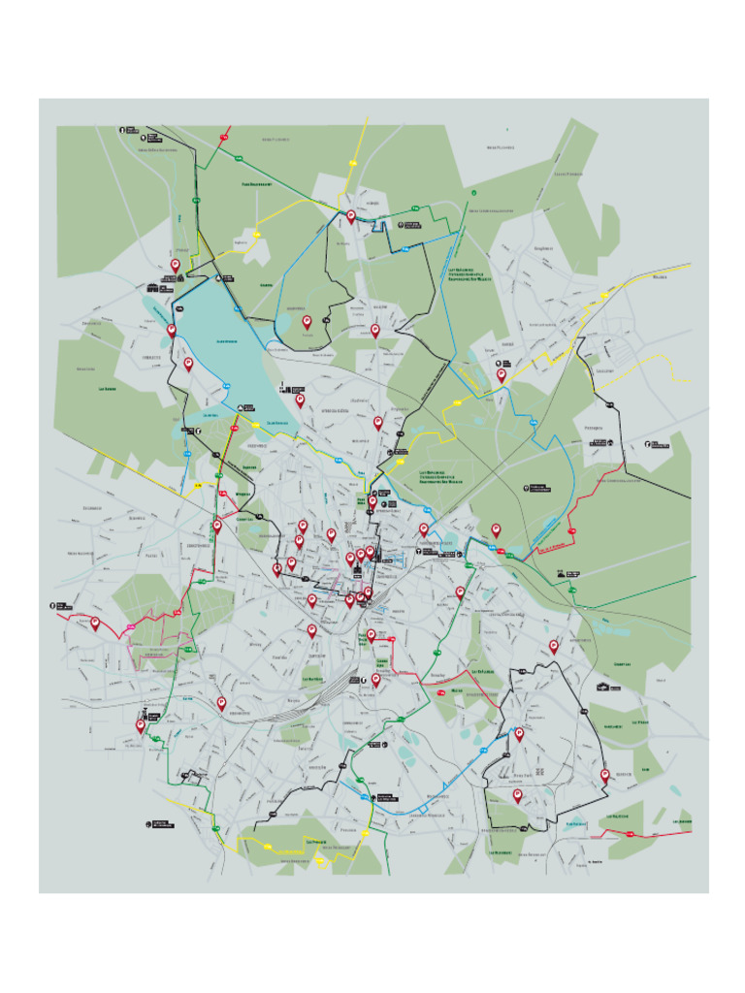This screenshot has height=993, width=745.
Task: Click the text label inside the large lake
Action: tap(227, 341)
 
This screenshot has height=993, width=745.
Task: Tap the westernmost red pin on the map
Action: tap(95, 623)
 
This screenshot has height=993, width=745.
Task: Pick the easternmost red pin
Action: tap(605, 775)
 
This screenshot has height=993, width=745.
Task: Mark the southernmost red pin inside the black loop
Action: tap(517, 795)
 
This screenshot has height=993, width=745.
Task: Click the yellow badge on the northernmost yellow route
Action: tap(257, 233)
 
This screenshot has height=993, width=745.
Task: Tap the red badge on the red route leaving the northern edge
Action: tap(222, 140)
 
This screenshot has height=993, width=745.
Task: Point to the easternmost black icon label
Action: tap(659, 445)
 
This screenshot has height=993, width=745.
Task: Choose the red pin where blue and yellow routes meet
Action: tap(502, 374)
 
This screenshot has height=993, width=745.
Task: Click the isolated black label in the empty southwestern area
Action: tap(161, 824)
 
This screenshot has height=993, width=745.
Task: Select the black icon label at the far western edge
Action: tap(59, 606)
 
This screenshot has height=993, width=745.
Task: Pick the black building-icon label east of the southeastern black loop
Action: tap(608, 687)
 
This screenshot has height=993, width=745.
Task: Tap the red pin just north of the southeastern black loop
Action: tap(554, 645)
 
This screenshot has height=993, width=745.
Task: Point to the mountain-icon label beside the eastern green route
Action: tap(568, 574)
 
